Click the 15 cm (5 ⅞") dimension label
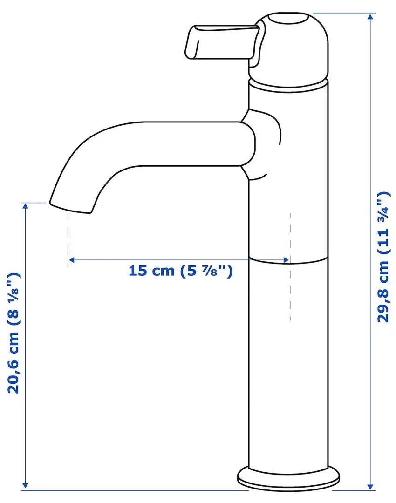pyautogui.click(x=180, y=271)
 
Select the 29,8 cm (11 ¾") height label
pyautogui.click(x=382, y=256)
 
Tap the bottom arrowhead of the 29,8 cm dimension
pyautogui.click(x=370, y=486)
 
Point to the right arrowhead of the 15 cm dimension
pyautogui.click(x=286, y=259)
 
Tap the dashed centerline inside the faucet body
pyautogui.click(x=290, y=289)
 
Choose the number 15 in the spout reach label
pyautogui.click(x=138, y=271)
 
